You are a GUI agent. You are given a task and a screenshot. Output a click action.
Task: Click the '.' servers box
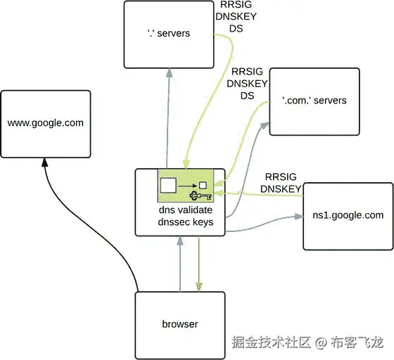click(x=168, y=34)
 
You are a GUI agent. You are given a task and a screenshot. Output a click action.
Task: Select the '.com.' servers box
click(x=314, y=101)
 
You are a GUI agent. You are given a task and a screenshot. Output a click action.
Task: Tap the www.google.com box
click(x=46, y=123)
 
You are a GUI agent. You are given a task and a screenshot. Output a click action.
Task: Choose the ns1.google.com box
click(x=347, y=215)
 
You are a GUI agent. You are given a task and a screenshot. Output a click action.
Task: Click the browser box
click(x=179, y=324)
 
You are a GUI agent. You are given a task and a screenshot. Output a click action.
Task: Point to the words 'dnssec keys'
click(x=180, y=223)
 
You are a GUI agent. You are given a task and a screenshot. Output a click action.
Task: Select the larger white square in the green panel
click(x=168, y=186)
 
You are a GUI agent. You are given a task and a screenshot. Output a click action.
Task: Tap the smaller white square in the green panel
click(x=203, y=185)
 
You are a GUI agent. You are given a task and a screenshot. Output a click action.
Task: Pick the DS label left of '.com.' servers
click(x=247, y=96)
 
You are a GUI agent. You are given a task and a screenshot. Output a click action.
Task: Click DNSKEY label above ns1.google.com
click(x=281, y=188)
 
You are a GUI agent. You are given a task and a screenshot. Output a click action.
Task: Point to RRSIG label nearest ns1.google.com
click(x=281, y=176)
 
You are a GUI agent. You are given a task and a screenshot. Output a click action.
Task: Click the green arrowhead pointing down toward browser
click(x=199, y=285)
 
